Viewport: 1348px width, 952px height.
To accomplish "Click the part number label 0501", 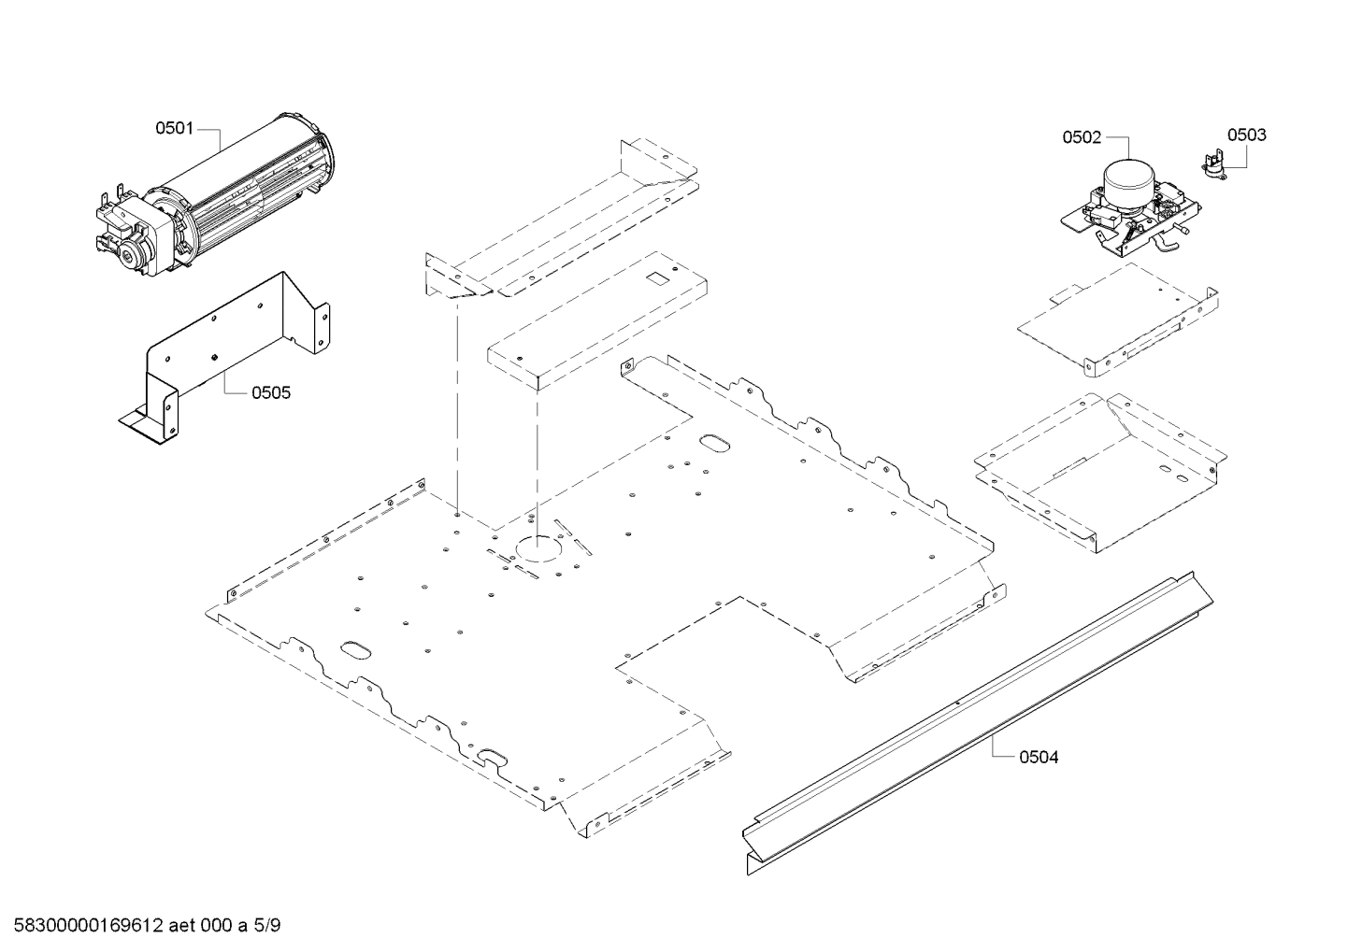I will (174, 128).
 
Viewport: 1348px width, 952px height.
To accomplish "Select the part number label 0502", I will (1081, 137).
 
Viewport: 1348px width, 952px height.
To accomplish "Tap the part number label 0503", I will (1246, 135).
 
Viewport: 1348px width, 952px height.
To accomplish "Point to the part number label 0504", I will (1039, 757).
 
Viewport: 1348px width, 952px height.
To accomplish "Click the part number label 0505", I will (271, 392).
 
